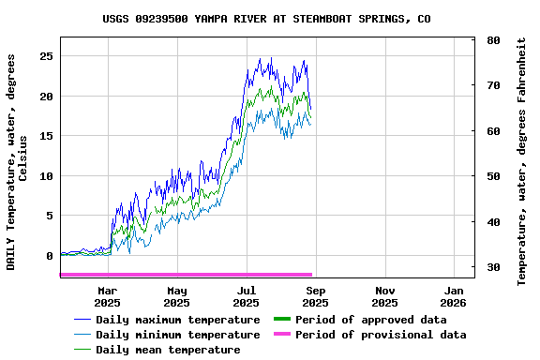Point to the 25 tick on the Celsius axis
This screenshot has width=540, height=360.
coord(47,56)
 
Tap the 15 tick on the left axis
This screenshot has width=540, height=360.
coord(47,136)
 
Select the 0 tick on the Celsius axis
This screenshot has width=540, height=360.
coord(51,256)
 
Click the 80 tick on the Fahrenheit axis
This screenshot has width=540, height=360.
coord(493,40)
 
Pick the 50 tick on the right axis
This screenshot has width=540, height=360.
coord(493,176)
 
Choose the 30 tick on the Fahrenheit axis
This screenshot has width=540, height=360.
coord(493,268)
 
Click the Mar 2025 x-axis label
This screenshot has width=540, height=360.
coord(108,296)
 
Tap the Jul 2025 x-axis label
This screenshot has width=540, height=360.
coord(246,296)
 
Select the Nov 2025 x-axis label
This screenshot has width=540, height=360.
coord(384,296)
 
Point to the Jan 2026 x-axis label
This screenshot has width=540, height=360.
coord(454,296)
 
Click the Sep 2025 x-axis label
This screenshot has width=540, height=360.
coord(315,296)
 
